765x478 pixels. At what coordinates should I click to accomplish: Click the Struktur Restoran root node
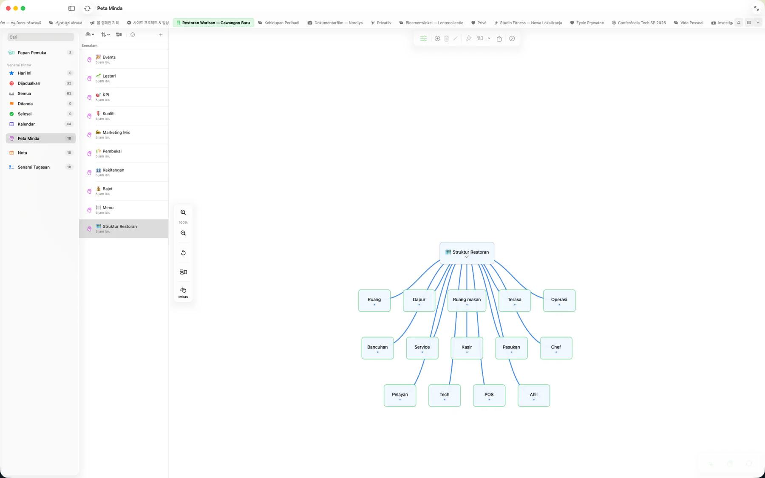(x=467, y=253)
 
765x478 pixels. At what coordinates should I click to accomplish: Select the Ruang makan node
(x=467, y=300)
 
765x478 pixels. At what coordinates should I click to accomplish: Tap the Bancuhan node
(x=377, y=348)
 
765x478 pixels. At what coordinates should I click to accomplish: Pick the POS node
(x=489, y=396)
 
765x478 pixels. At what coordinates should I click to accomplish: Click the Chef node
(x=556, y=348)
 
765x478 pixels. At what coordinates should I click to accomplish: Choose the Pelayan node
(x=400, y=396)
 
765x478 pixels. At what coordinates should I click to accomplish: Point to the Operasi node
(x=559, y=300)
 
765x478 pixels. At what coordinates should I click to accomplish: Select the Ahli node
(x=534, y=396)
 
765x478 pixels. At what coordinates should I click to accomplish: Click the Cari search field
(x=40, y=37)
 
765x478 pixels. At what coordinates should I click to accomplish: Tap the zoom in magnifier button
(x=183, y=212)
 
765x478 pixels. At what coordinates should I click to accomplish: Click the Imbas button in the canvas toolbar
(x=183, y=292)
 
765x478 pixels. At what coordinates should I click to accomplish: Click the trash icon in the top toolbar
(x=446, y=39)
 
